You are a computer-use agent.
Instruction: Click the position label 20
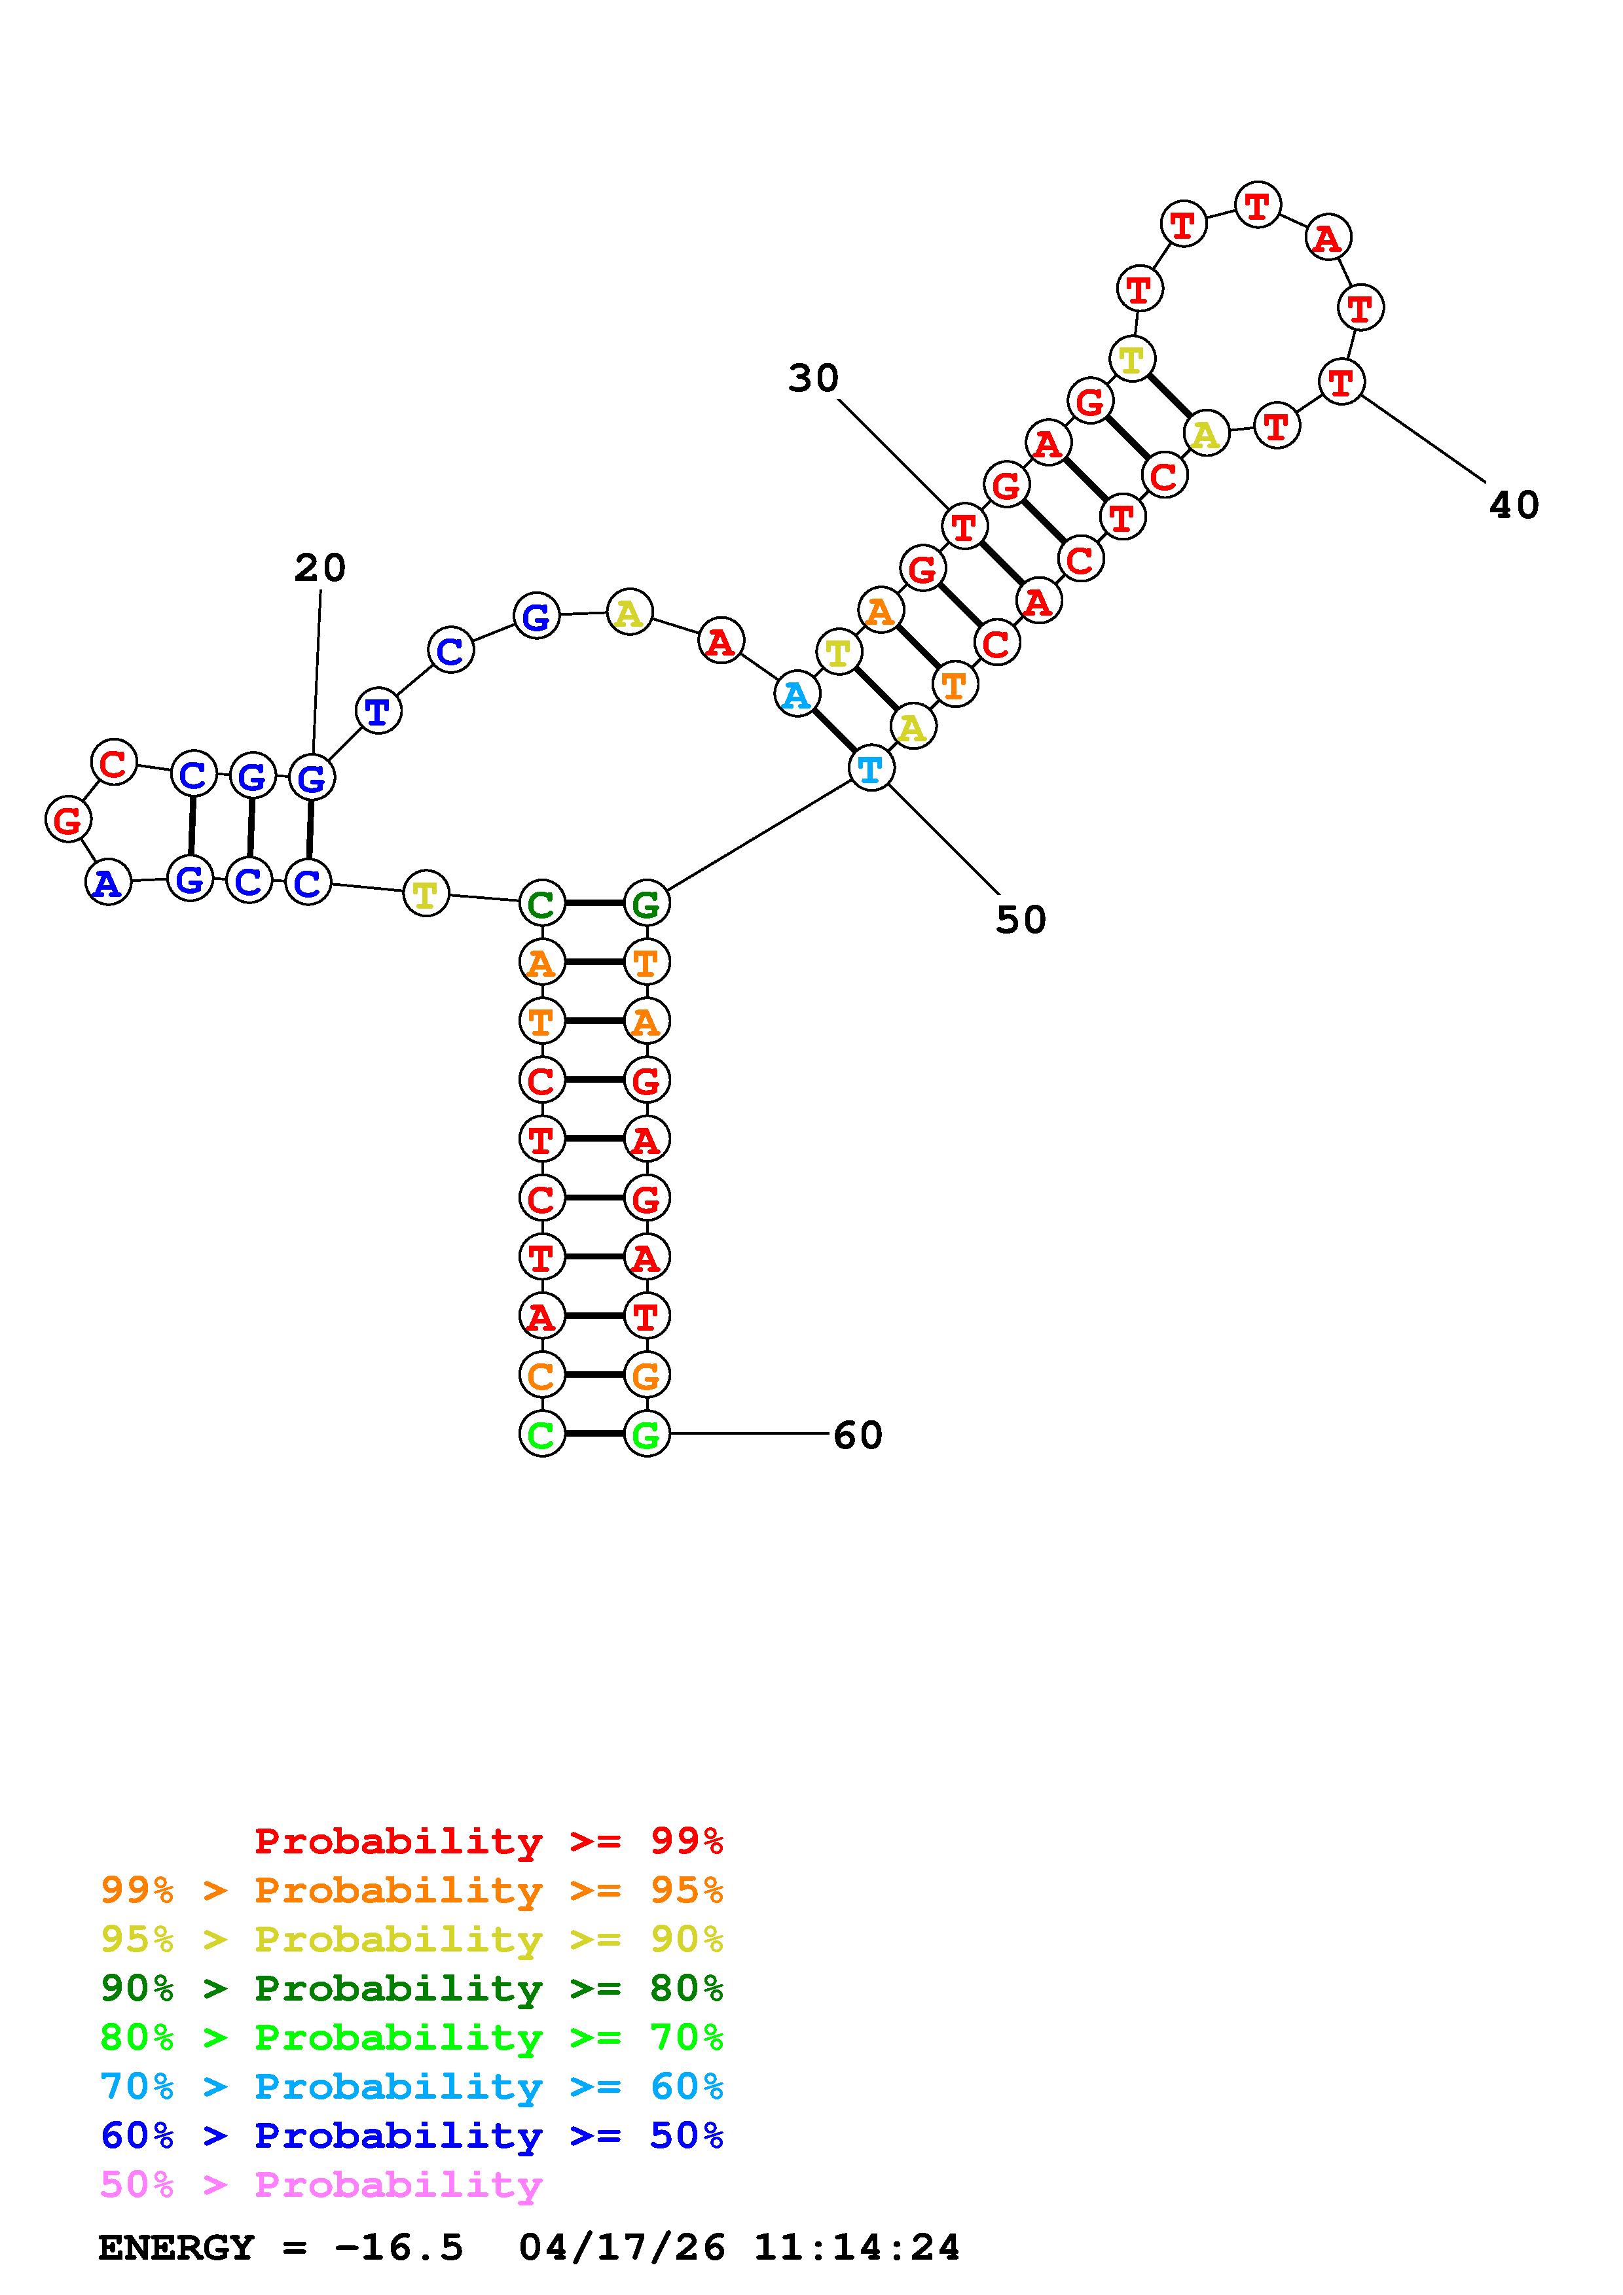pos(320,568)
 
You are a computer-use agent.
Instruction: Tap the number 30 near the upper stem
pos(813,378)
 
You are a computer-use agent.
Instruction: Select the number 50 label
pos(1020,920)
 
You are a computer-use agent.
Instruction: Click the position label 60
pos(858,1435)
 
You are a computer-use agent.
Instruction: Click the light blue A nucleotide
pos(796,695)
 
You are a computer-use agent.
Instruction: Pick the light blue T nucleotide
pos(870,769)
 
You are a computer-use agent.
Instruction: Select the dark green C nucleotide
pos(541,905)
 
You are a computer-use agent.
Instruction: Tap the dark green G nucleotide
pos(646,905)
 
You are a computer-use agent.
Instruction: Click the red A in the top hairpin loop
pos(1327,239)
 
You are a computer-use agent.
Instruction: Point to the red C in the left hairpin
pos(114,763)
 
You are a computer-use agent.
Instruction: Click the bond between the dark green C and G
pos(594,903)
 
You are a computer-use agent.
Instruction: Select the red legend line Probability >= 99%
pos(489,1840)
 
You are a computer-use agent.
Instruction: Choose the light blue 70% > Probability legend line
pos(412,2086)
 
